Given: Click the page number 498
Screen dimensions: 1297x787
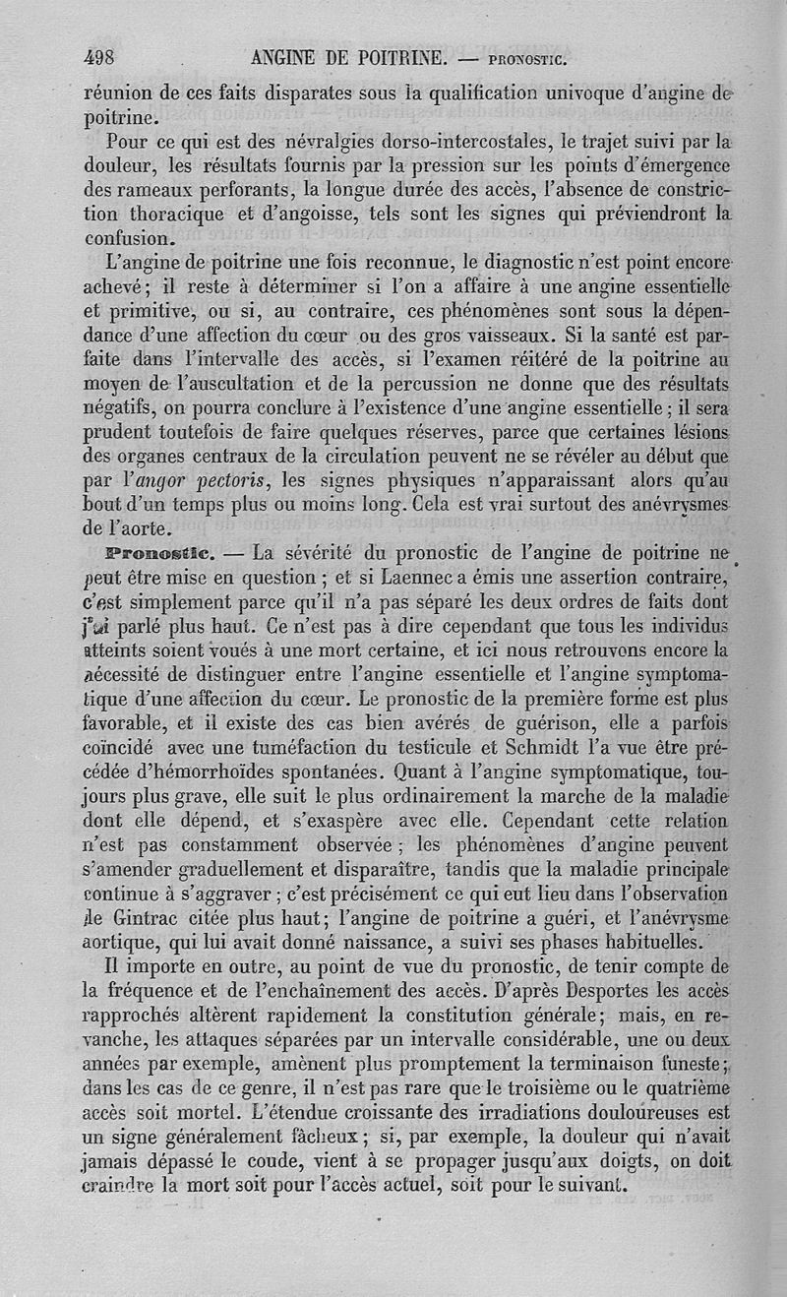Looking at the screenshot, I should tap(106, 57).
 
